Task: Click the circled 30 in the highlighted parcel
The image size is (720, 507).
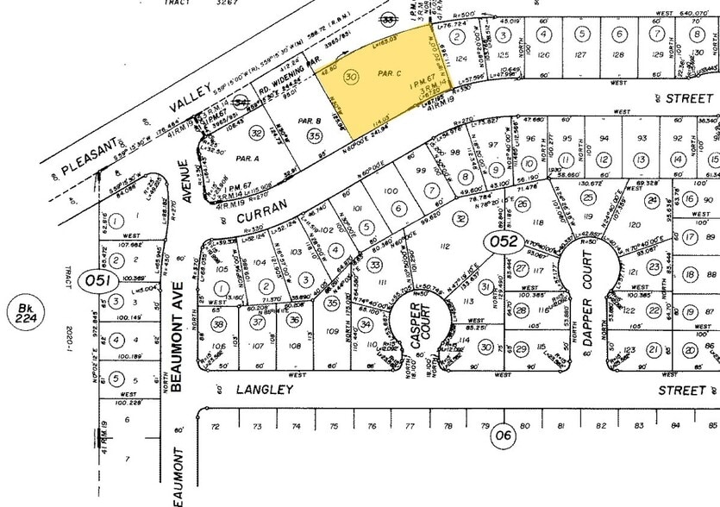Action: pyautogui.click(x=350, y=77)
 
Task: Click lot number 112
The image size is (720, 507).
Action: pyautogui.click(x=445, y=247)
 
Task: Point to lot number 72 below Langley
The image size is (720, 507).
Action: pyautogui.click(x=216, y=426)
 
